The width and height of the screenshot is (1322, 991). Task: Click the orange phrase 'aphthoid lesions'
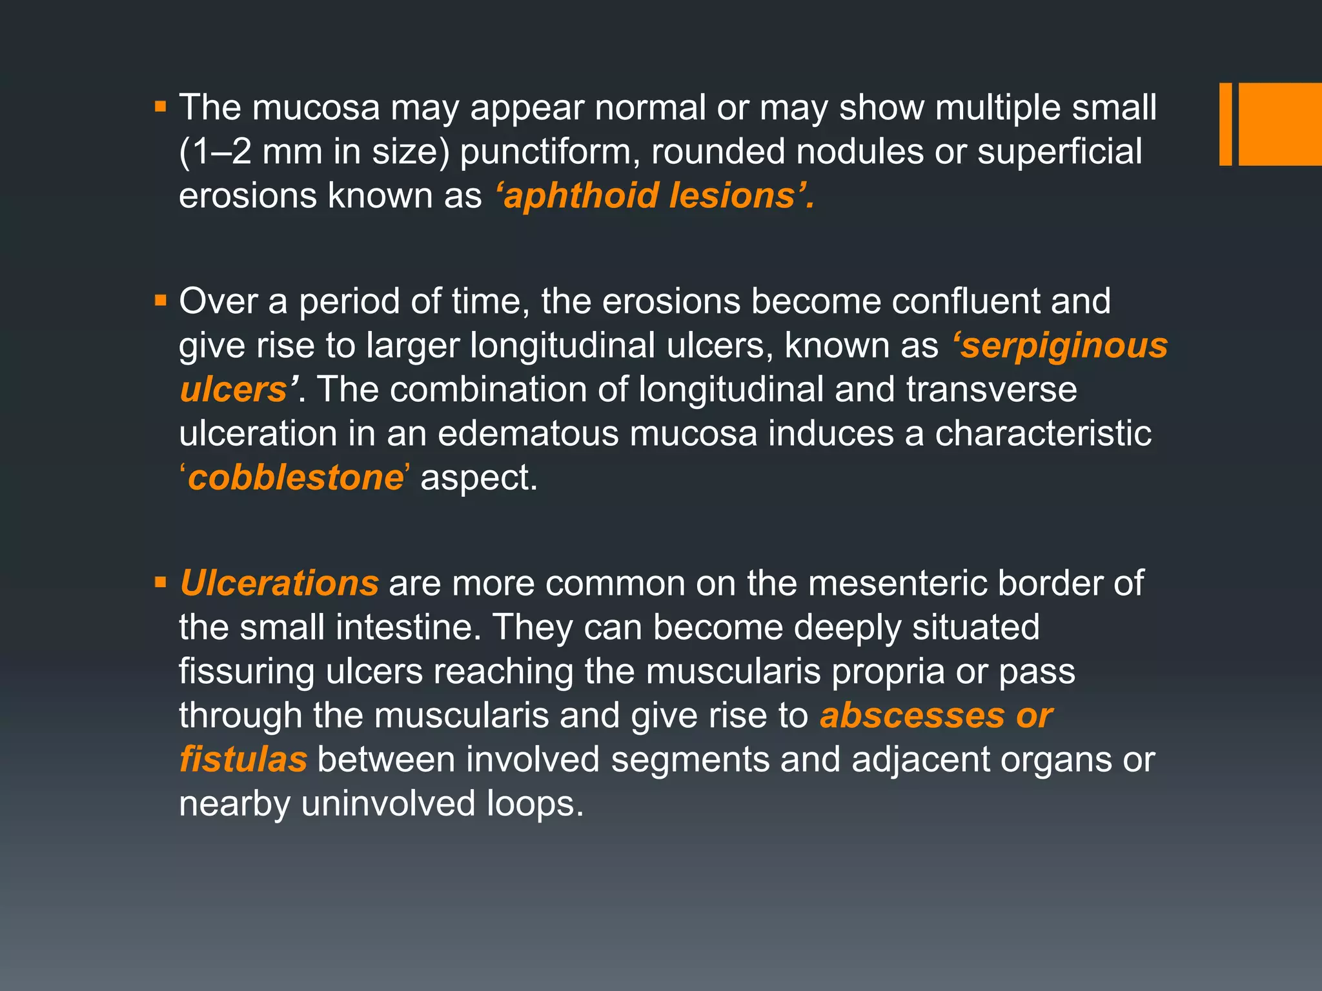(x=655, y=195)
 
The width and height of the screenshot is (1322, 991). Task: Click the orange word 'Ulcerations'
(x=279, y=583)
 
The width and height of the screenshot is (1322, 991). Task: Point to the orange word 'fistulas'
(x=243, y=759)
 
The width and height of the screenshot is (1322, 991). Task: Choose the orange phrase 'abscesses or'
(x=936, y=716)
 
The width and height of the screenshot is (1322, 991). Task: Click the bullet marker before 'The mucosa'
(x=161, y=106)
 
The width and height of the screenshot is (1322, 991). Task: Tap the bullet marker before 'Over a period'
(x=161, y=301)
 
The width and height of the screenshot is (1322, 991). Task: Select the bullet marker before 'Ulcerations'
(x=161, y=583)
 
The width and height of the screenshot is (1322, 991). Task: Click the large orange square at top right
(x=1280, y=124)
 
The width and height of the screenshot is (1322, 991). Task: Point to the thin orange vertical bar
(x=1225, y=124)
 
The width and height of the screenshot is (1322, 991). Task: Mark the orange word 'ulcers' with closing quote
(x=237, y=390)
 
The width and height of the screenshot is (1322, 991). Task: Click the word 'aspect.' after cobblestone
(x=478, y=478)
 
